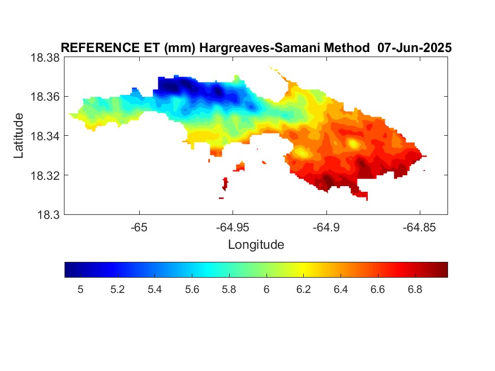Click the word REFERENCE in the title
100,48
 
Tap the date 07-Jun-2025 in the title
415,48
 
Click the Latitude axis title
19,136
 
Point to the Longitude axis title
256,245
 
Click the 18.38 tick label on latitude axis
45,58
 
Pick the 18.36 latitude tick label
45,97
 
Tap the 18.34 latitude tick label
45,136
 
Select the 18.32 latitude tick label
45,175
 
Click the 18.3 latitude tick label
48,215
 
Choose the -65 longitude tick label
139,227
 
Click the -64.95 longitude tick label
233,227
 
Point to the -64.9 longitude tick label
326,227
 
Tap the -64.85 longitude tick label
419,227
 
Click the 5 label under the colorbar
80,290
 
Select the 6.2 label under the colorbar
303,290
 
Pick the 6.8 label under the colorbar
415,290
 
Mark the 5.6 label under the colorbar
192,290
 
